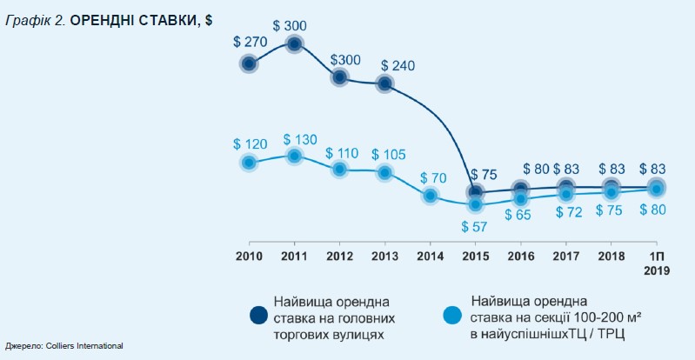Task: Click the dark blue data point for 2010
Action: point(249,63)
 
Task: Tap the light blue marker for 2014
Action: point(430,196)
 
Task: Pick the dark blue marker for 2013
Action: point(384,84)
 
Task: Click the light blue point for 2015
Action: point(475,205)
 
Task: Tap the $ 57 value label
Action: point(475,227)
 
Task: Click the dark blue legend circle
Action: point(258,317)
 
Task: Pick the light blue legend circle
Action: point(452,317)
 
